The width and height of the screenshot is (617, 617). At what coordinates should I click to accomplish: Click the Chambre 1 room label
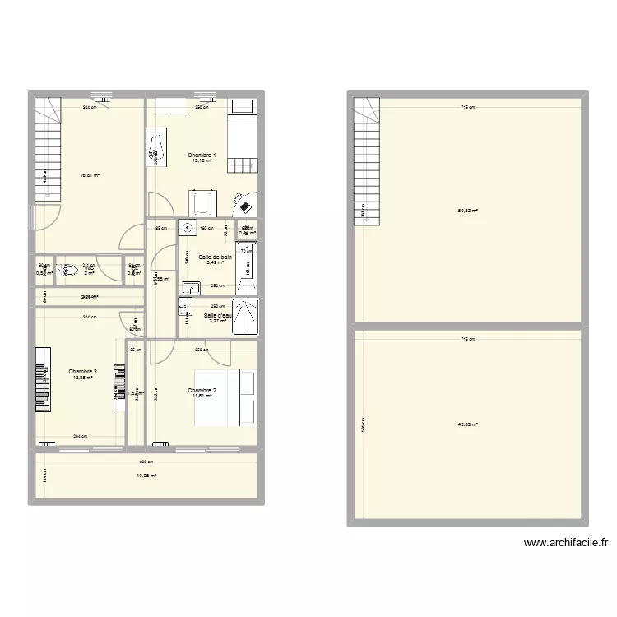coord(202,155)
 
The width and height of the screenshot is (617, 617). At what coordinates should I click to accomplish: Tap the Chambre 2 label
coord(202,390)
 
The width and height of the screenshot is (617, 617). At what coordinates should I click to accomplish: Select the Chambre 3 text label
coord(83,372)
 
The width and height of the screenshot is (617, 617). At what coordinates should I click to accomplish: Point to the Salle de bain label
coord(216,257)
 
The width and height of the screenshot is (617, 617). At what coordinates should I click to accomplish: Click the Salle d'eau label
coord(217,315)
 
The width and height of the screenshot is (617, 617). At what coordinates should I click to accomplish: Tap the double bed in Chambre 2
coord(226,398)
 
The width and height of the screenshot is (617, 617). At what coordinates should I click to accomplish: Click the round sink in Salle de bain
coord(188,229)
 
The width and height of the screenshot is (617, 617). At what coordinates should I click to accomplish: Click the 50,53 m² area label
coord(467,210)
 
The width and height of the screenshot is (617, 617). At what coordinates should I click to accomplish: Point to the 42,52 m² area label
coord(467,424)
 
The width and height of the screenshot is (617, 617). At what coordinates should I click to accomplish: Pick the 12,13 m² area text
coord(202,161)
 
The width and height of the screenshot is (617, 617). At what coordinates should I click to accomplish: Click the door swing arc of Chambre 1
coord(161,202)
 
